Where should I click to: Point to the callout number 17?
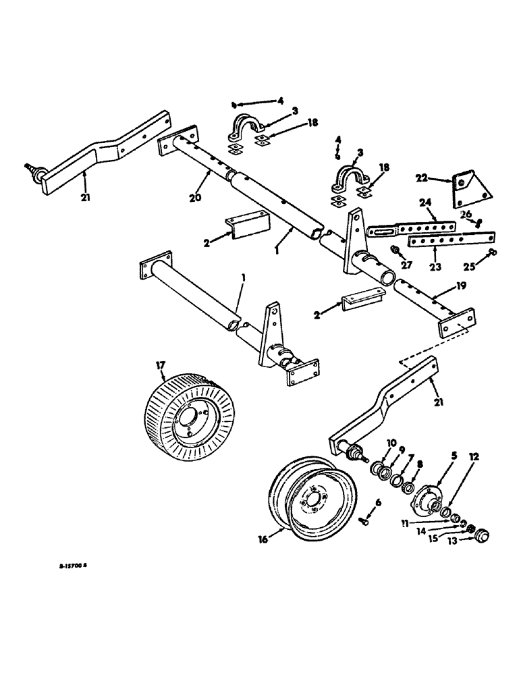pos(161,365)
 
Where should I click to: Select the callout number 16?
pos(263,539)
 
